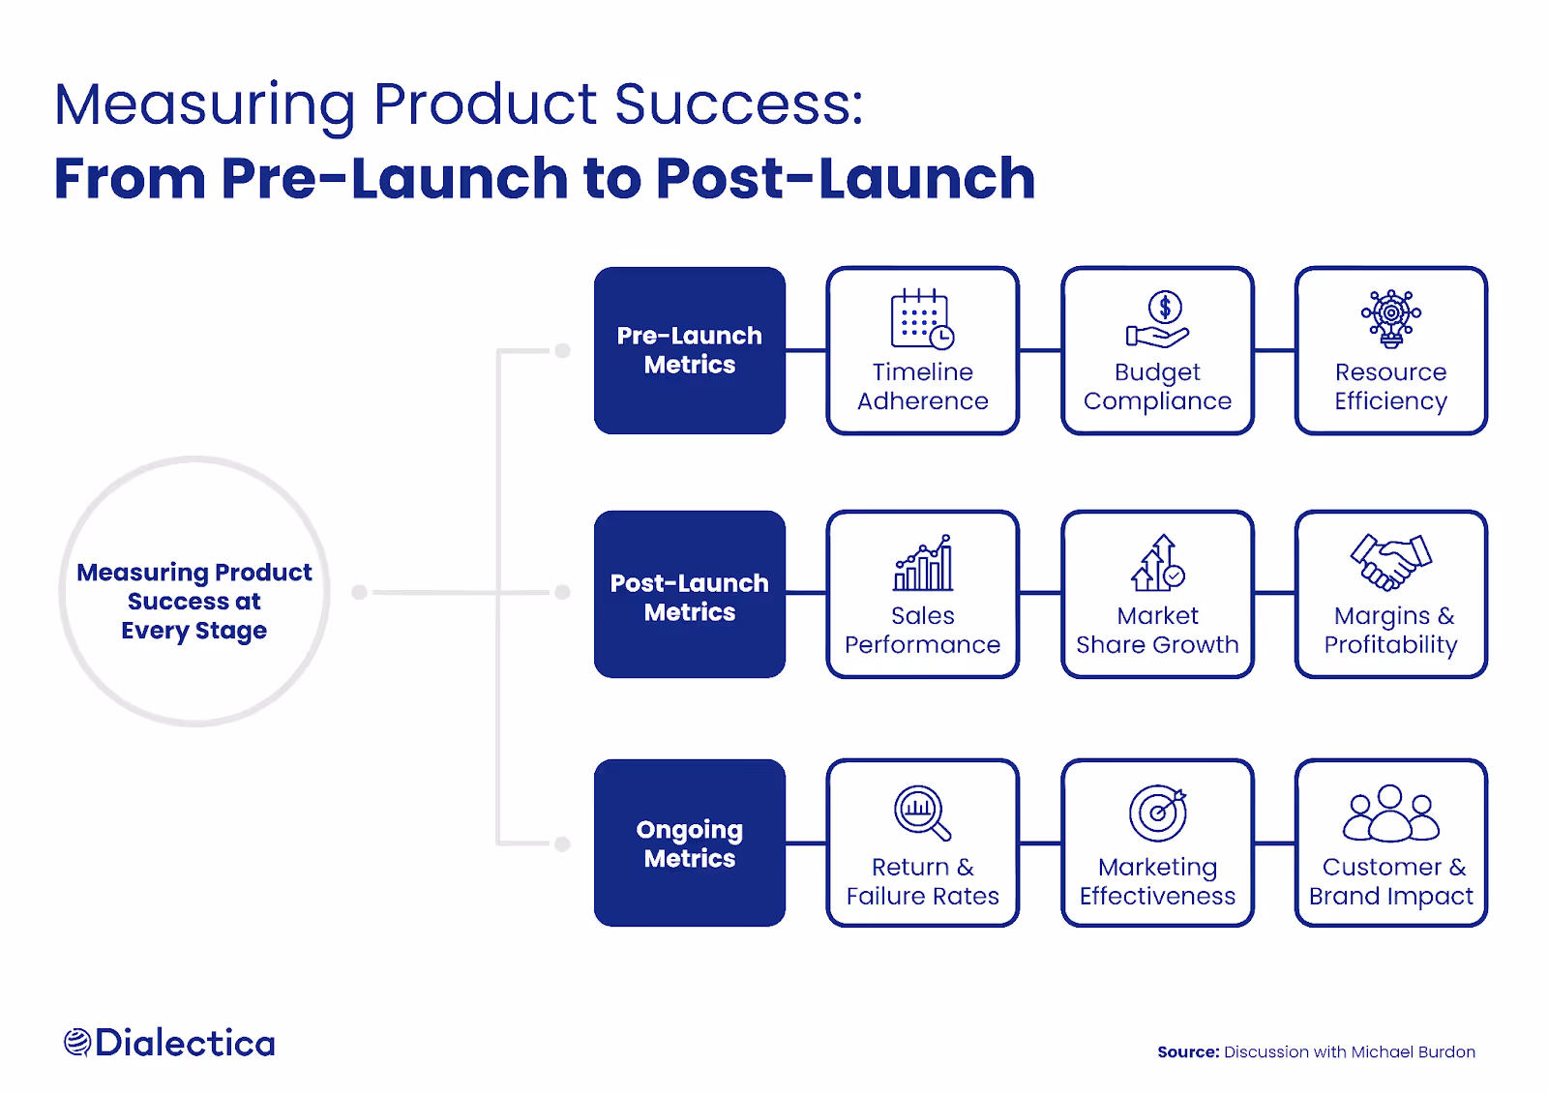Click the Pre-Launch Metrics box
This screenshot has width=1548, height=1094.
689,350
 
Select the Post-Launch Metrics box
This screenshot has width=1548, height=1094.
689,594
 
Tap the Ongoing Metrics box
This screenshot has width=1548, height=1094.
689,843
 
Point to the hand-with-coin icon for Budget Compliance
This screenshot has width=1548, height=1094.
1158,319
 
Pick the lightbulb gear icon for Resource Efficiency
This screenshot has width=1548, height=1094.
1390,317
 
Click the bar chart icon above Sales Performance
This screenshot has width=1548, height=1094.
923,563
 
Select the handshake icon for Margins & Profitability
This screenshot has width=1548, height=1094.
1390,561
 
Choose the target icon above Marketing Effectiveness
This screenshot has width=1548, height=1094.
1157,813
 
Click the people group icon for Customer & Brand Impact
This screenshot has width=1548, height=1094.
1390,813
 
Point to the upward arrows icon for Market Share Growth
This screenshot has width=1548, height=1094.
1157,563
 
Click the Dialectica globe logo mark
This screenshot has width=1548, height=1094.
77,1043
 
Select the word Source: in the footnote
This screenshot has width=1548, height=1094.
1188,1052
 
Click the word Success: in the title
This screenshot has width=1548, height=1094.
738,104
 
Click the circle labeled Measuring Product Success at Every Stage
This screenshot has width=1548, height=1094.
194,592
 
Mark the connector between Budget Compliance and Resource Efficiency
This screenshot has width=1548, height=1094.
1274,350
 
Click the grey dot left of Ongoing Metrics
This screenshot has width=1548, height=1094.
562,843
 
